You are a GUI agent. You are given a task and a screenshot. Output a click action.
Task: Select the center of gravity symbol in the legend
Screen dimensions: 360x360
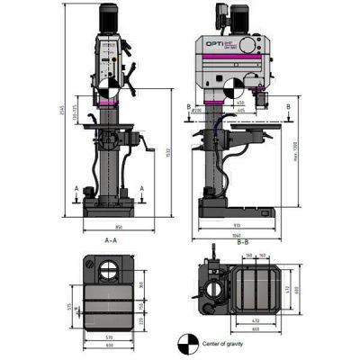(186, 342)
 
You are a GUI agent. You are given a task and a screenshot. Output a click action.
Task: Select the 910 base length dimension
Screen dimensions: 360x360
(236, 224)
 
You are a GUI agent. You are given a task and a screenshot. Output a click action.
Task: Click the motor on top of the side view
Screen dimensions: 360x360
(220, 14)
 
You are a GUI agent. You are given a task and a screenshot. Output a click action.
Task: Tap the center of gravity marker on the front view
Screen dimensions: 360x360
(107, 89)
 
